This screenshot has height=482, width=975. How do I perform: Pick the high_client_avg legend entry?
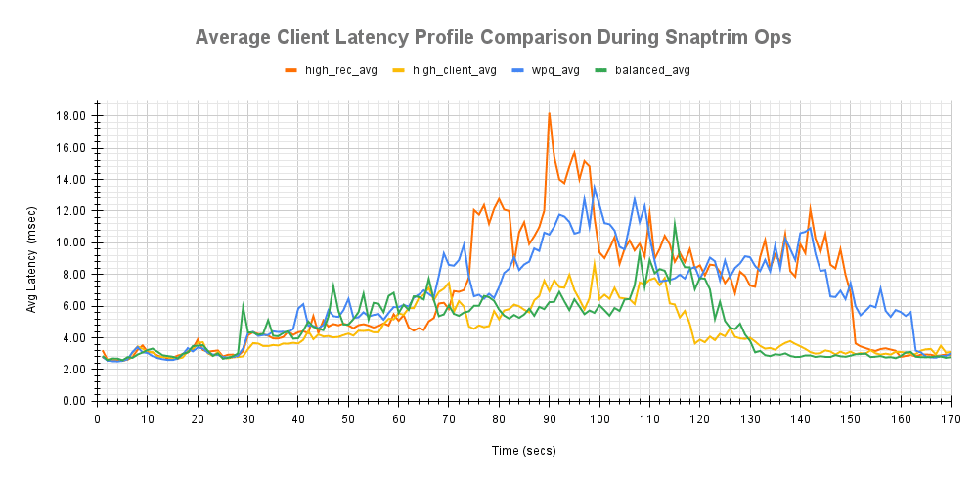click(445, 70)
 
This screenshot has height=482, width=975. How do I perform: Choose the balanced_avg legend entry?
click(644, 70)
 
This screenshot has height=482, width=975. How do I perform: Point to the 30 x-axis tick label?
click(247, 418)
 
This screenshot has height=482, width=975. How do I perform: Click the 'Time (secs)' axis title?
click(524, 453)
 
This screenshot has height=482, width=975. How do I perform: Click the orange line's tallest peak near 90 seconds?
click(550, 113)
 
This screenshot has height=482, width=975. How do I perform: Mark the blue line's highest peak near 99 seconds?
click(595, 187)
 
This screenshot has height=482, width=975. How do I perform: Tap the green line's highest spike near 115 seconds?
click(675, 224)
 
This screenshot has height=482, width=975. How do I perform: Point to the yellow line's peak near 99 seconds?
click(595, 263)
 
